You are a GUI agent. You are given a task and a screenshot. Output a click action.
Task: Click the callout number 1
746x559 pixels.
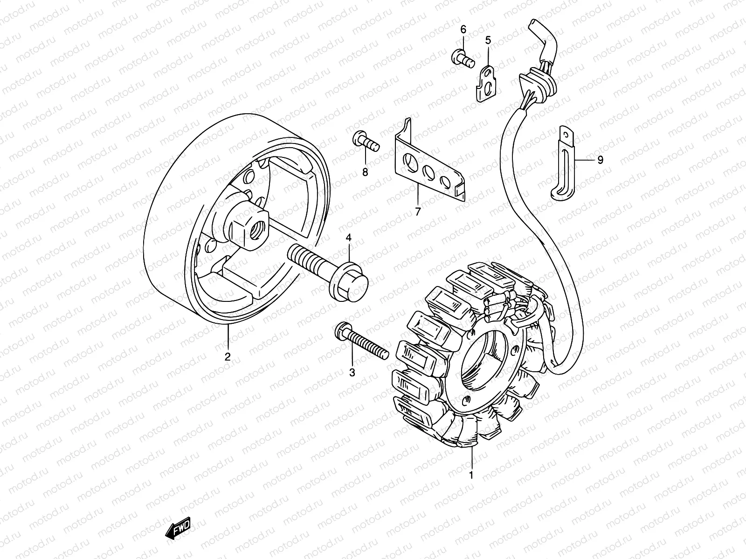pos(471,475)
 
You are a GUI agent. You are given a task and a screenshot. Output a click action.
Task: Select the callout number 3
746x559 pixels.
pos(352,373)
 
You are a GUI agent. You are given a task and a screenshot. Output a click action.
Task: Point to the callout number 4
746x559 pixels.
pos(348,239)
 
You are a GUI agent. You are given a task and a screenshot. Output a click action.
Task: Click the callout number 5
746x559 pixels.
pos(488,41)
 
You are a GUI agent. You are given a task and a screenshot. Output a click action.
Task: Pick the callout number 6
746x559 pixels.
pos(463,29)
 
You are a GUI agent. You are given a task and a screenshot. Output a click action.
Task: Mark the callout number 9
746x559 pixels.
pos(600,160)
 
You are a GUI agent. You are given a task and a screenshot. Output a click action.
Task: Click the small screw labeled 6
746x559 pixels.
pos(461,58)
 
